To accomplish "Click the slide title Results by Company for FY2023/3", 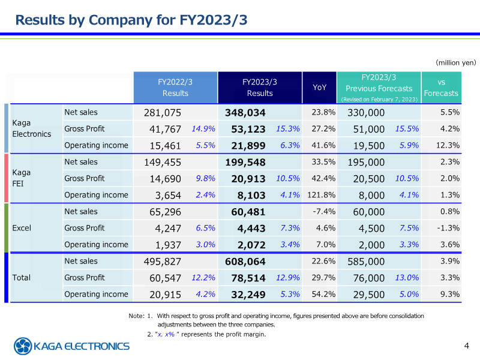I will (131, 20).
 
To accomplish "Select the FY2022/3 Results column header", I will (175, 88).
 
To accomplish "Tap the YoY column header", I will (320, 88).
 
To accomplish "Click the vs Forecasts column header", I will (441, 88).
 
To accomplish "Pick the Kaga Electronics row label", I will (32, 128).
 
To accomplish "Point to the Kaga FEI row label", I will (22, 178).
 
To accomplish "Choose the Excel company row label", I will (22, 228).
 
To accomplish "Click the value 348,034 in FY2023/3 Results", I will (245, 112).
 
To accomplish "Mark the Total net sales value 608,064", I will (245, 261).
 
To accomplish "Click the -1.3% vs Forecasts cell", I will (448, 228).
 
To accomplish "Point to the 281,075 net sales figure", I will (163, 112).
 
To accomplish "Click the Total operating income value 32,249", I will (249, 294).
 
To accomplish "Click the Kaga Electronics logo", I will (72, 346).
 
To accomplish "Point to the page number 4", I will (467, 346).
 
